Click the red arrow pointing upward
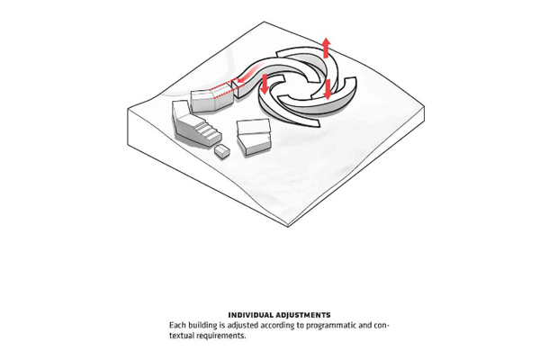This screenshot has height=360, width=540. [326, 49]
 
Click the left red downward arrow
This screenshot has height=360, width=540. [264, 84]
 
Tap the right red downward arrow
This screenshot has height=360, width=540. [328, 89]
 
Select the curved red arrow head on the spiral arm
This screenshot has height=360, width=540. [241, 81]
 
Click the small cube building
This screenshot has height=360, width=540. [222, 151]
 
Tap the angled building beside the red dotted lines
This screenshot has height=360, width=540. [211, 100]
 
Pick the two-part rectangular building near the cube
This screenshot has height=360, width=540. [254, 137]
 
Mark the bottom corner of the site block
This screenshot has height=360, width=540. [288, 227]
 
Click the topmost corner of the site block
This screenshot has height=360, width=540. [264, 22]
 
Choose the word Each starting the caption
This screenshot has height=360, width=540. [177, 325]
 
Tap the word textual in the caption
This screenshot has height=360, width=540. [182, 336]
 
